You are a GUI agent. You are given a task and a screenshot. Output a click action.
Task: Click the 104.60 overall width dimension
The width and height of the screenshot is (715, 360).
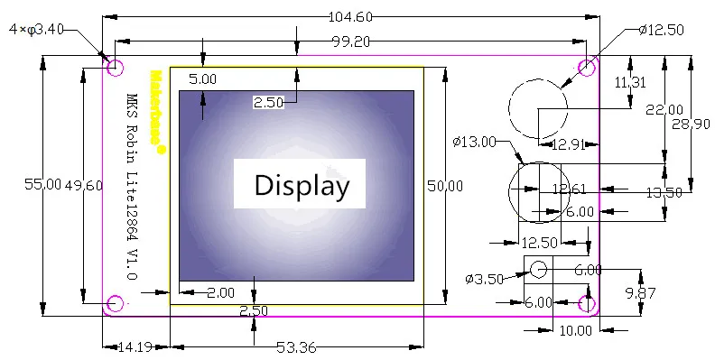click(x=350, y=17)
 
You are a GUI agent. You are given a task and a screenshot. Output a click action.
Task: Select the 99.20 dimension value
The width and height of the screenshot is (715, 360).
click(x=350, y=42)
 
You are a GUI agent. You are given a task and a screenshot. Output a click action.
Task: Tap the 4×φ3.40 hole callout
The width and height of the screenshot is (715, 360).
click(x=36, y=30)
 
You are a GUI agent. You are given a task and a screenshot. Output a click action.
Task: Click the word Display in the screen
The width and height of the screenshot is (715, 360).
click(x=302, y=186)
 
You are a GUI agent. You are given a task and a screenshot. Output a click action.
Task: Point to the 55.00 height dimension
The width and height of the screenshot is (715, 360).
click(x=42, y=185)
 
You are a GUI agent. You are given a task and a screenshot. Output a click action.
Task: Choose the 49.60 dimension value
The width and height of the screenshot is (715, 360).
click(x=83, y=185)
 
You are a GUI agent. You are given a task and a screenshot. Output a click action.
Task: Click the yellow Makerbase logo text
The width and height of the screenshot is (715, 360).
click(x=156, y=112)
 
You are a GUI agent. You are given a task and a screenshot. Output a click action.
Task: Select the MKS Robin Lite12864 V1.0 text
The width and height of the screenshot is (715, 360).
click(x=132, y=187)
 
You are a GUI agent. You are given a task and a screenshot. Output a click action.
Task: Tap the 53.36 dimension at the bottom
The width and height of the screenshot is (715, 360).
click(x=296, y=347)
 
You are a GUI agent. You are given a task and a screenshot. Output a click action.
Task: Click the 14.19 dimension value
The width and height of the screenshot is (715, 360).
click(x=135, y=347)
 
